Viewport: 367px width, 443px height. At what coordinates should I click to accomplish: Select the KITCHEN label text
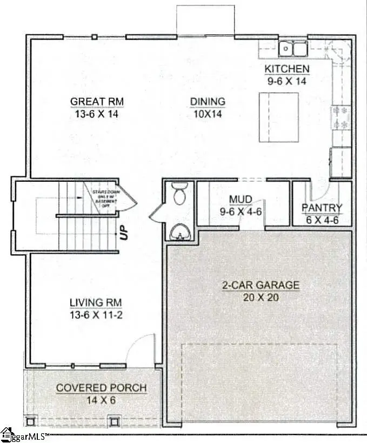pyautogui.click(x=286, y=69)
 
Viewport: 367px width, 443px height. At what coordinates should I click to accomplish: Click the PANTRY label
pyautogui.click(x=322, y=208)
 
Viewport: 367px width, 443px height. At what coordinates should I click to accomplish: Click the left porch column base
pyautogui.click(x=31, y=420)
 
